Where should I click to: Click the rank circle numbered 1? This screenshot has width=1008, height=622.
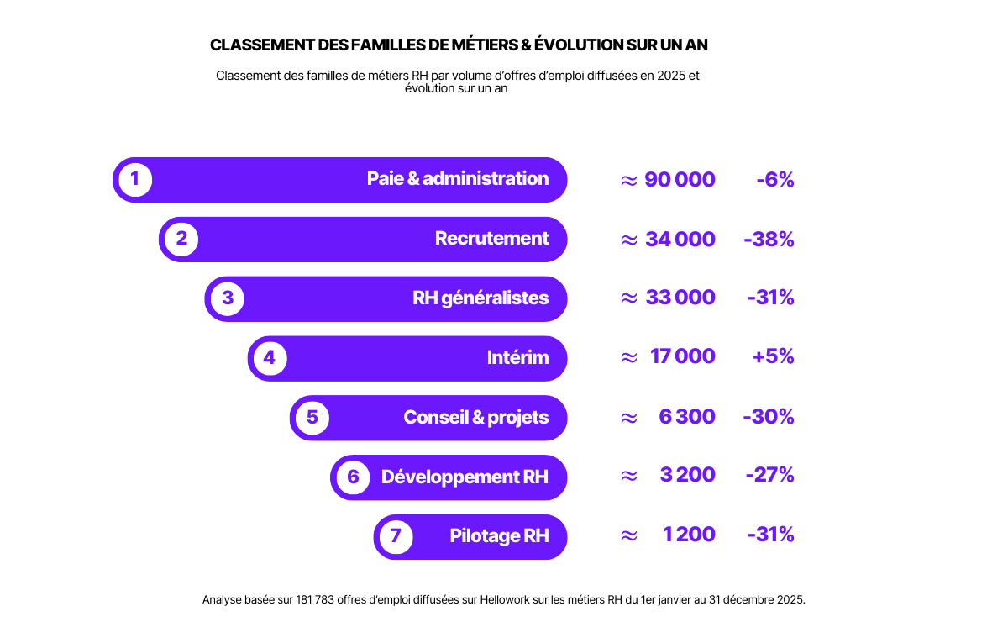point(135,179)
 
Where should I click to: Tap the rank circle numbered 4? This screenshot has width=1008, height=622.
point(269,358)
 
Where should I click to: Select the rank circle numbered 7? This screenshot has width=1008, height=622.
point(396,536)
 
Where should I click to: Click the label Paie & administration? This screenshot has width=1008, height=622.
point(458,179)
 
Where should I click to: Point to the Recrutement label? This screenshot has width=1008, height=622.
point(491,239)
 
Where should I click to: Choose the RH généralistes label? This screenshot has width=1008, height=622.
point(480,298)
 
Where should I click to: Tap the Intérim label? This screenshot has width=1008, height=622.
point(517,358)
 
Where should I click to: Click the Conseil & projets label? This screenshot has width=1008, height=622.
point(475,418)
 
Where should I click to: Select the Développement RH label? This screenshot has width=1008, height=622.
point(465,477)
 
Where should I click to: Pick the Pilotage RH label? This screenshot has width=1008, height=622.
point(499,536)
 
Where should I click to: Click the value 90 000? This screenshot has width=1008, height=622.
point(680,180)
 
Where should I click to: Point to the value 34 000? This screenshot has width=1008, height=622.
point(680,240)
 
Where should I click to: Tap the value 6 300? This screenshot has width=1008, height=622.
point(687,417)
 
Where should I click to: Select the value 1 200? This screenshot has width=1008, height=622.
point(689,535)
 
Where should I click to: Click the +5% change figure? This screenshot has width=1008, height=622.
point(773,357)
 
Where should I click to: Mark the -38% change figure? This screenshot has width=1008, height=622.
point(769,240)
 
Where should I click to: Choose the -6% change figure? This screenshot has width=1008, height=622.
point(774,180)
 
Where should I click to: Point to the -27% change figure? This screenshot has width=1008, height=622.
point(769,475)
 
